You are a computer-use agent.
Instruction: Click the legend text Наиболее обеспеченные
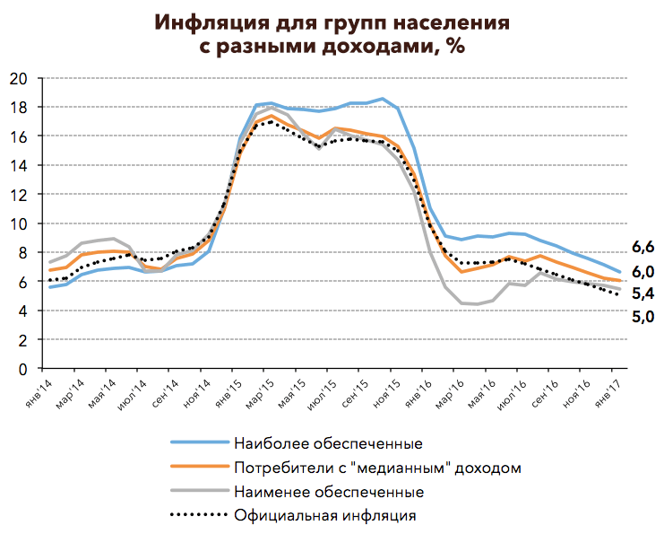(328, 443)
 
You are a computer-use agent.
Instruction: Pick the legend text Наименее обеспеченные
(329, 492)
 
